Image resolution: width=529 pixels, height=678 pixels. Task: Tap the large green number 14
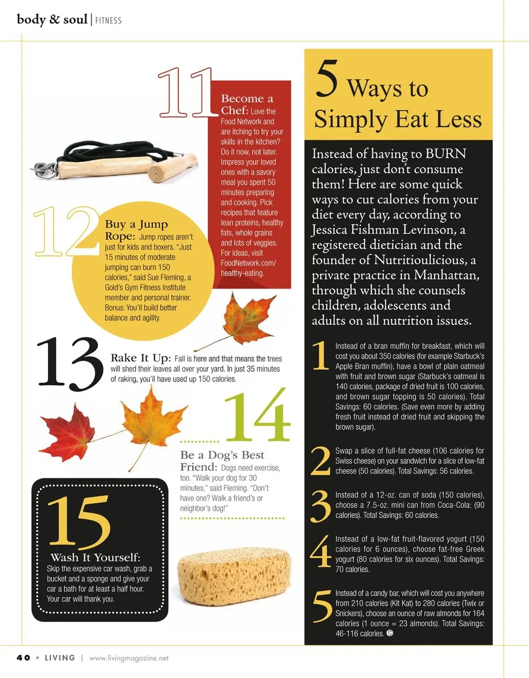tap(258, 415)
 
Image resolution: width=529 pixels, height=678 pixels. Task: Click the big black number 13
tap(69, 364)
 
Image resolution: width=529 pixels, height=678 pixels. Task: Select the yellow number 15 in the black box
tap(79, 523)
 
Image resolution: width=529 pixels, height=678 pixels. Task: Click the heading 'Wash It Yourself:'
tap(95, 557)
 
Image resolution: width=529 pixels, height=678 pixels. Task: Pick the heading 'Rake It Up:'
tap(141, 358)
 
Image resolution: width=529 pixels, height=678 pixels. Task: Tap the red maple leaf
tap(67, 433)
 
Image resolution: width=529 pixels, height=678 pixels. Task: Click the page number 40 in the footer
tap(23, 658)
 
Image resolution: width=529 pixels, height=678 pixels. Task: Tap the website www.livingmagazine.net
tap(129, 658)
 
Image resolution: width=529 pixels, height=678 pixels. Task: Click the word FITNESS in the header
tap(108, 20)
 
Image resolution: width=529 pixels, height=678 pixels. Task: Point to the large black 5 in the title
tap(327, 79)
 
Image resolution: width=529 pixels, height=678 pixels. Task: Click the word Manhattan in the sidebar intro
tap(446, 275)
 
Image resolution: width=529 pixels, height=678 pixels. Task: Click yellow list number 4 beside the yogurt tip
tap(321, 551)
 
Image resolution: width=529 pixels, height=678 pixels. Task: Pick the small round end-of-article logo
tap(390, 633)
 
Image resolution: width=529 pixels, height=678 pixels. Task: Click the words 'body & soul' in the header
tap(52, 20)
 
